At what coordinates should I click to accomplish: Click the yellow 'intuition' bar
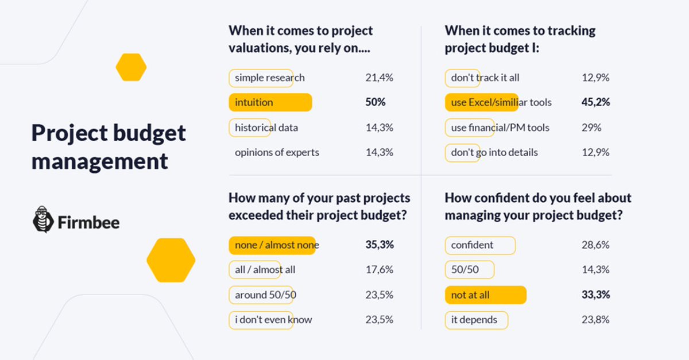[270, 102]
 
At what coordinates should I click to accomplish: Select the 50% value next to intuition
[376, 102]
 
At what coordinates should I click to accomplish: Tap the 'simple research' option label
[269, 78]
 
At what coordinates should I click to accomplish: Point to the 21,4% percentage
[379, 78]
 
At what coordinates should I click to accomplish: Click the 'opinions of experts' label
[277, 152]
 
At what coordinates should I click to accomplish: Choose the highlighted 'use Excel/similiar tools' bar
[482, 102]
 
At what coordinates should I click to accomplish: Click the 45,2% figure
[595, 102]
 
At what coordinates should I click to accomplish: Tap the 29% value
[591, 127]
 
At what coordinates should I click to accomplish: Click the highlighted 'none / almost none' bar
[272, 245]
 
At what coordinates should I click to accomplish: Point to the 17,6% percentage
[379, 269]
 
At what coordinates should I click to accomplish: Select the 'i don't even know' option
[273, 319]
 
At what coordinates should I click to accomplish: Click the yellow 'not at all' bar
[485, 295]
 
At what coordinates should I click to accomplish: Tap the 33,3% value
[595, 295]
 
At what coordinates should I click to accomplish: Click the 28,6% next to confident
[595, 245]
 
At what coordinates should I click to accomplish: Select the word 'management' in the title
[100, 161]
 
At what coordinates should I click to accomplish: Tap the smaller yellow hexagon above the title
[131, 67]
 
